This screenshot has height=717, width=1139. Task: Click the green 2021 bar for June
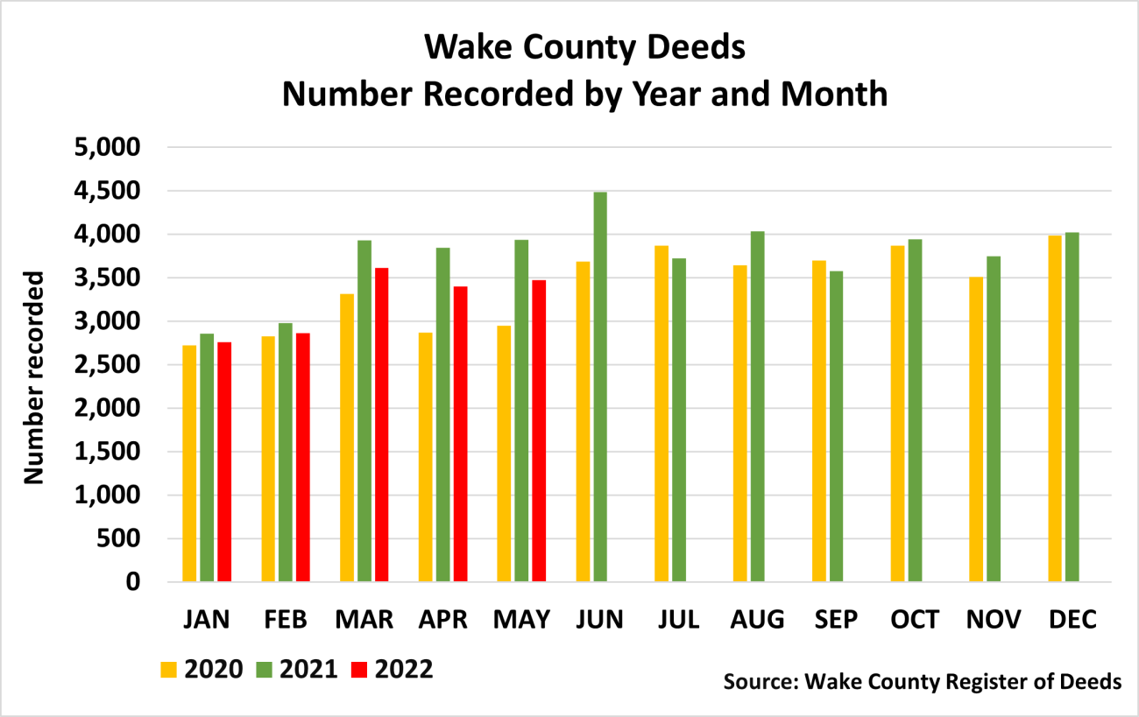click(x=600, y=386)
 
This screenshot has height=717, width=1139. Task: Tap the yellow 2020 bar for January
click(x=189, y=463)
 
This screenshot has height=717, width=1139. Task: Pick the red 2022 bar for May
click(x=539, y=431)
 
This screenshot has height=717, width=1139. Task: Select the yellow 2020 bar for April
click(x=425, y=457)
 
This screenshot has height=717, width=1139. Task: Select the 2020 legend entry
click(x=202, y=669)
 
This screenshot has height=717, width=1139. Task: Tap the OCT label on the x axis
click(x=915, y=619)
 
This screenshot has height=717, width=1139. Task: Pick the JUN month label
click(x=600, y=619)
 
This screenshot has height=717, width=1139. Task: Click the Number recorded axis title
click(x=33, y=377)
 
